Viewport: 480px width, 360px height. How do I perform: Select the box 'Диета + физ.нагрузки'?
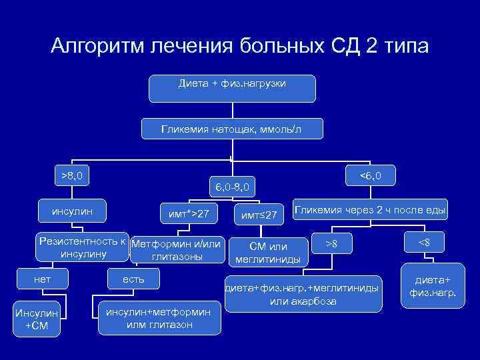(232, 87)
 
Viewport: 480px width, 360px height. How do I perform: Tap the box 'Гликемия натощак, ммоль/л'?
(231, 129)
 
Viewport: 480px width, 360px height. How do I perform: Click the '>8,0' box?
(72, 177)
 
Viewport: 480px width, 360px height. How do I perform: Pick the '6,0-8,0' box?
(230, 187)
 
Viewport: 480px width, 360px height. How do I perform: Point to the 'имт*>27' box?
(189, 213)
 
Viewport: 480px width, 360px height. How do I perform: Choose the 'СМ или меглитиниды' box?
(267, 253)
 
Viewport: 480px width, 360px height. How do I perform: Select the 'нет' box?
(42, 278)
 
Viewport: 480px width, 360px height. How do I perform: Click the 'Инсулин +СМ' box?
(37, 319)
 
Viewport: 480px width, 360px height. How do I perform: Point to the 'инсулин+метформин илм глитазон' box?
(159, 318)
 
